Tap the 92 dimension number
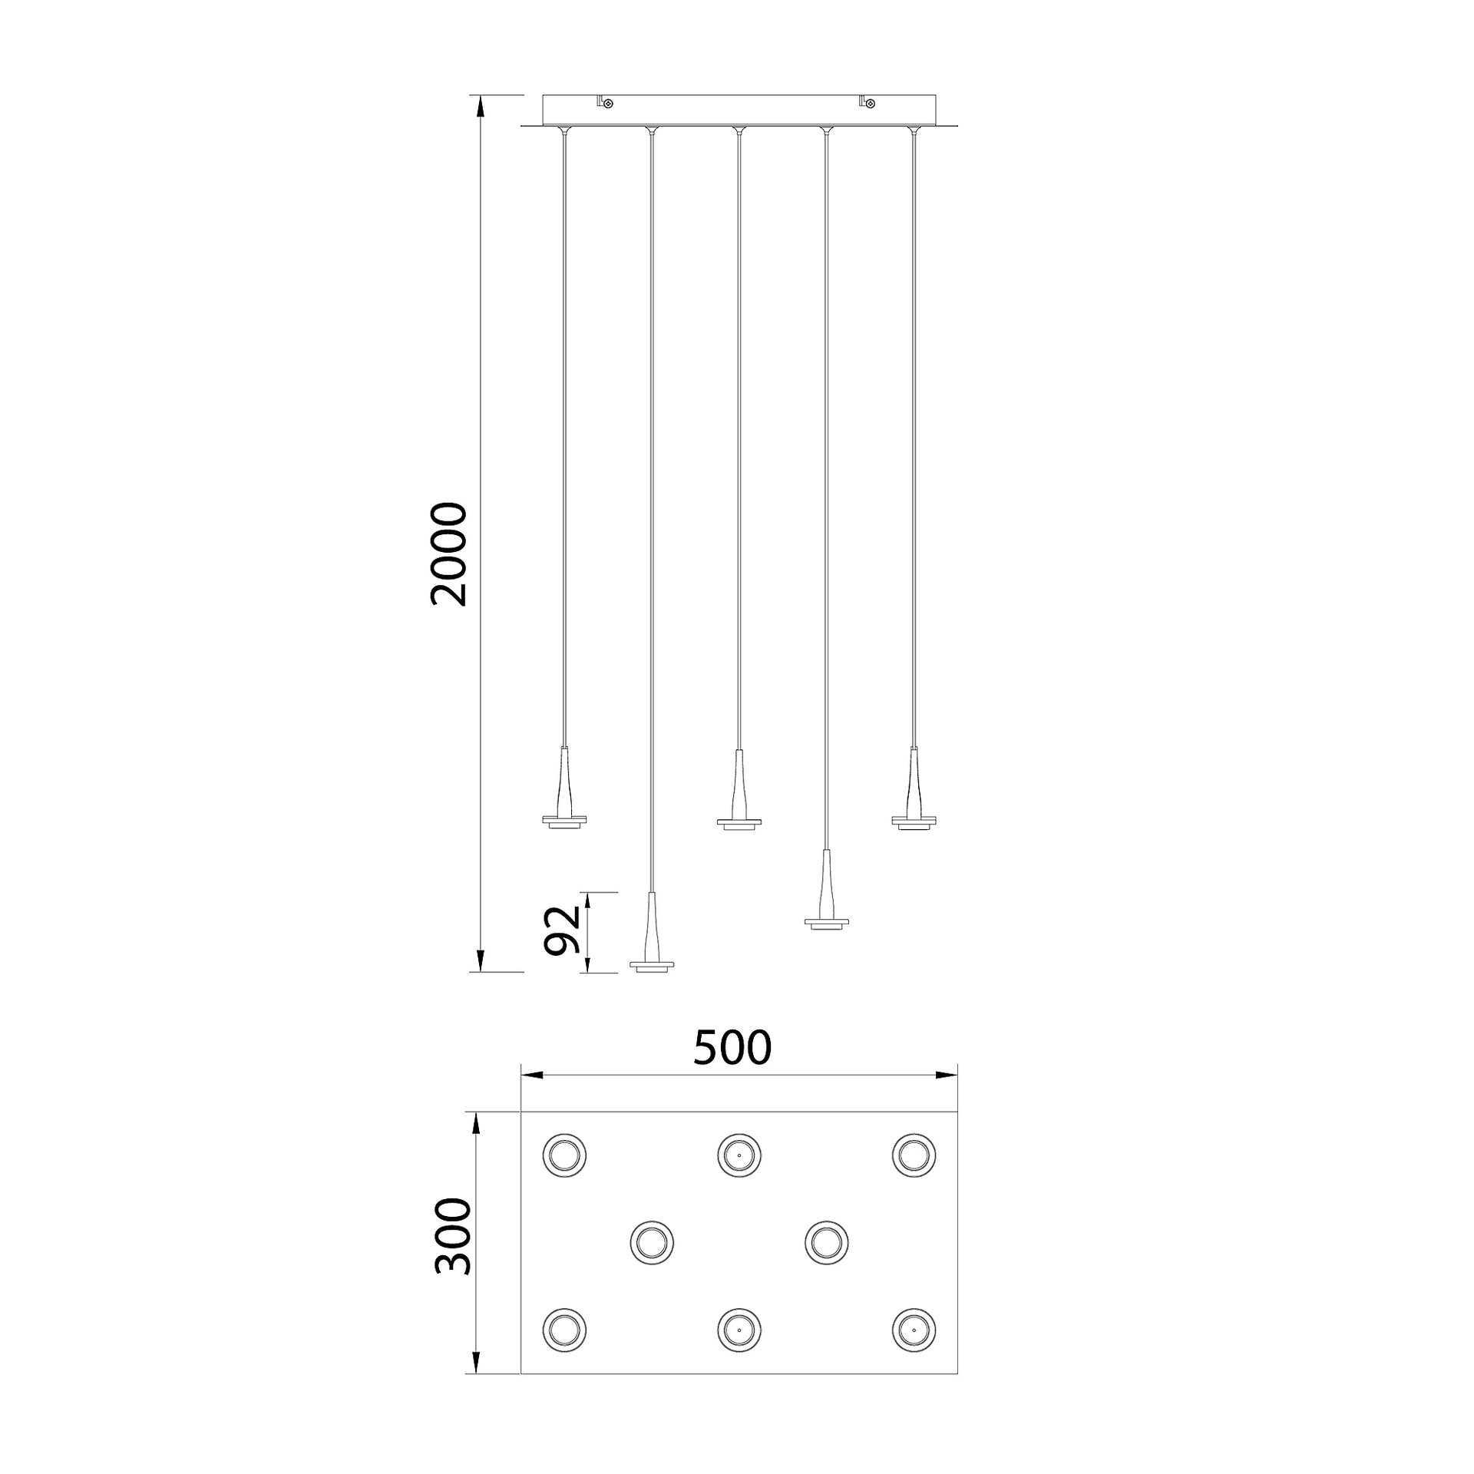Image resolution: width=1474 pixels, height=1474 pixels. (x=562, y=930)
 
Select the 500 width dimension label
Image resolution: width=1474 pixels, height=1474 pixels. (x=732, y=1048)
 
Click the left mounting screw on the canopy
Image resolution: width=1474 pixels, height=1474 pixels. (x=609, y=102)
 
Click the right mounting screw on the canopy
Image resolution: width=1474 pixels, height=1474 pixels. (x=871, y=102)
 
